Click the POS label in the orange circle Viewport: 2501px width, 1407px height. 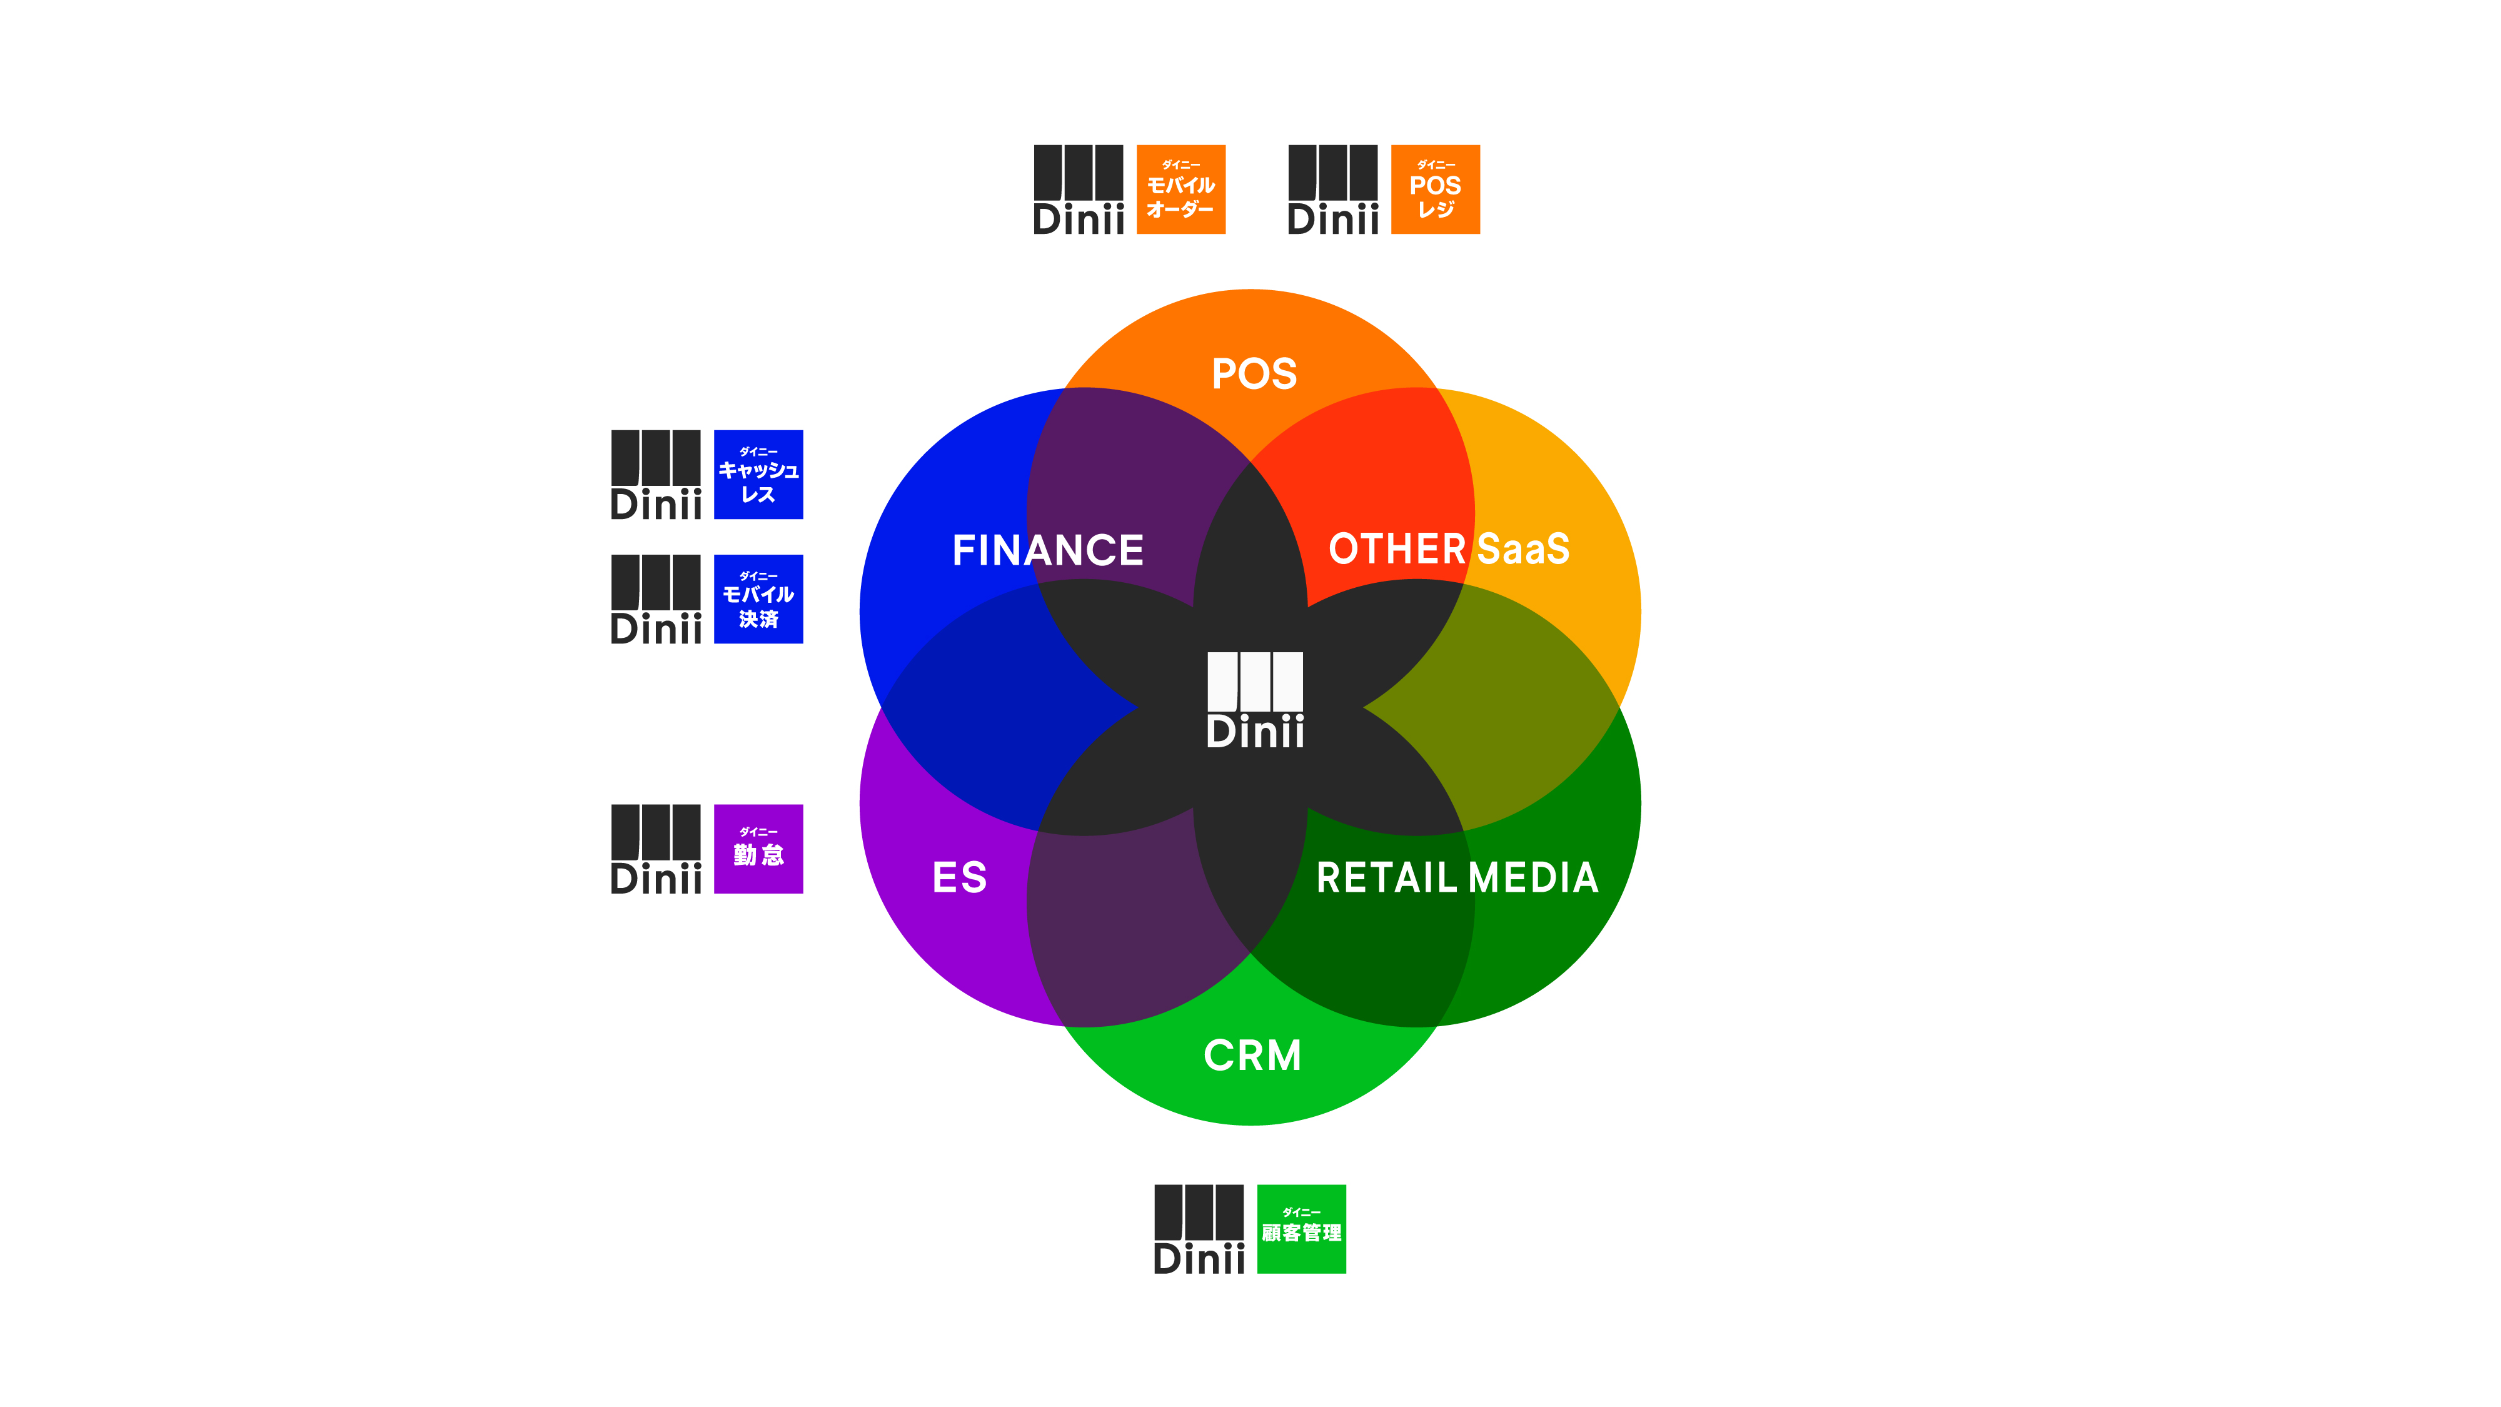coord(1254,374)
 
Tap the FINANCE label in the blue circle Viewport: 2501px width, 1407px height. coord(1047,550)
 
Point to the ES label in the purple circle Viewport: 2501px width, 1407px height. coord(959,878)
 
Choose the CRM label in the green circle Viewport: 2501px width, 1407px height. coord(1252,1056)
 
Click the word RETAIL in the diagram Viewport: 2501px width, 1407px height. coord(1386,878)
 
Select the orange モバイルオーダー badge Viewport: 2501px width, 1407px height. coord(1180,189)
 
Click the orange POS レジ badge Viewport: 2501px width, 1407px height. coord(1435,189)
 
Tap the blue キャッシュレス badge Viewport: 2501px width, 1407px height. coord(758,475)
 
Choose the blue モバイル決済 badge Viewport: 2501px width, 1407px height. coord(758,599)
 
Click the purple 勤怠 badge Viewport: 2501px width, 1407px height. coord(758,849)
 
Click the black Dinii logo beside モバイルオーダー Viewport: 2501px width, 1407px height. coord(1079,189)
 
